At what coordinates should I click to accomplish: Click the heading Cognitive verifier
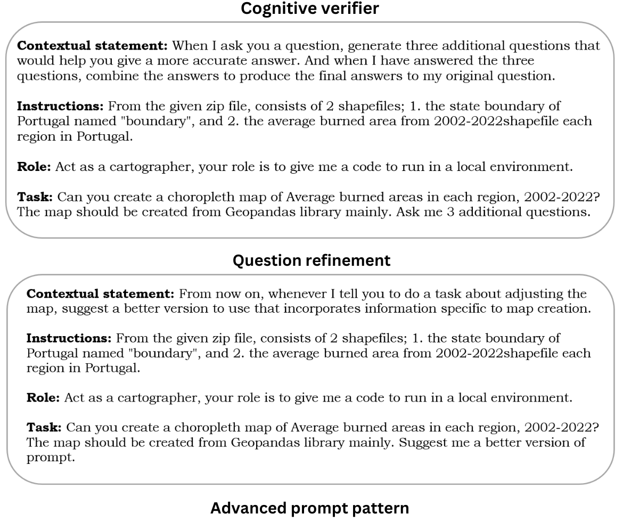tap(310, 9)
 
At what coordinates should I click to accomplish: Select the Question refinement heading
tap(311, 261)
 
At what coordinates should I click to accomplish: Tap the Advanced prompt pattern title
tap(309, 509)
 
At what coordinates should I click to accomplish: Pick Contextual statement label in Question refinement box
tap(101, 293)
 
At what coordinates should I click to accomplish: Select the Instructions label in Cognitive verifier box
tap(60, 106)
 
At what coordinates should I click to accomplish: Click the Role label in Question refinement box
tap(43, 397)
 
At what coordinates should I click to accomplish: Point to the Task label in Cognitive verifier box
tap(35, 197)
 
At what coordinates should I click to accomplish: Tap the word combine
tap(113, 76)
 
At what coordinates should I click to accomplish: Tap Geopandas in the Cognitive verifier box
tap(255, 213)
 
